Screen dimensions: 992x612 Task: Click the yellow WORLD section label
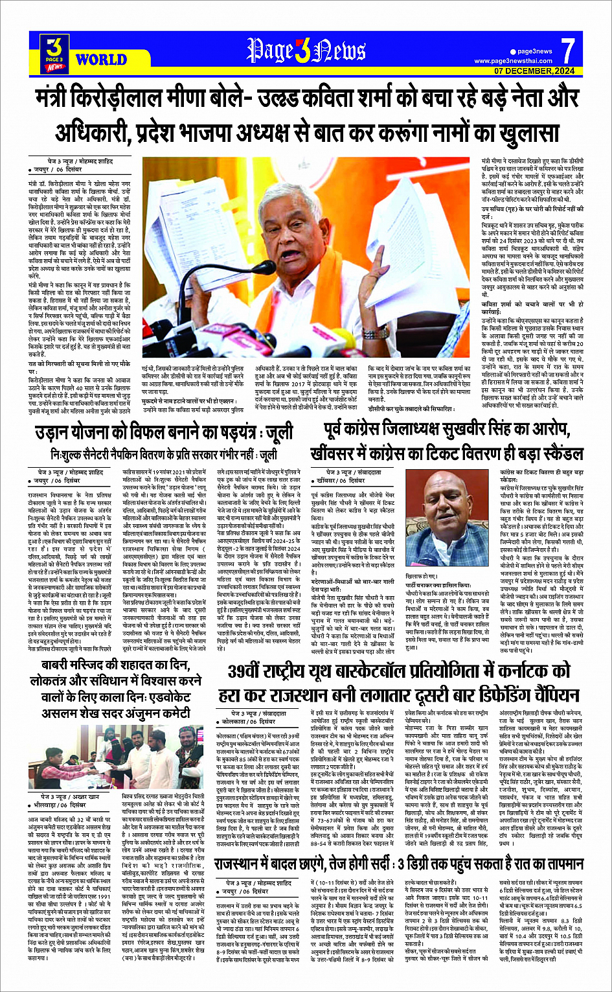click(x=101, y=60)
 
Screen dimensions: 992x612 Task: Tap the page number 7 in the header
click(x=568, y=50)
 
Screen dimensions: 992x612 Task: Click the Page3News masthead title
click(x=306, y=50)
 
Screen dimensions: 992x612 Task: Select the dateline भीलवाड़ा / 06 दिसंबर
click(x=63, y=805)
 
